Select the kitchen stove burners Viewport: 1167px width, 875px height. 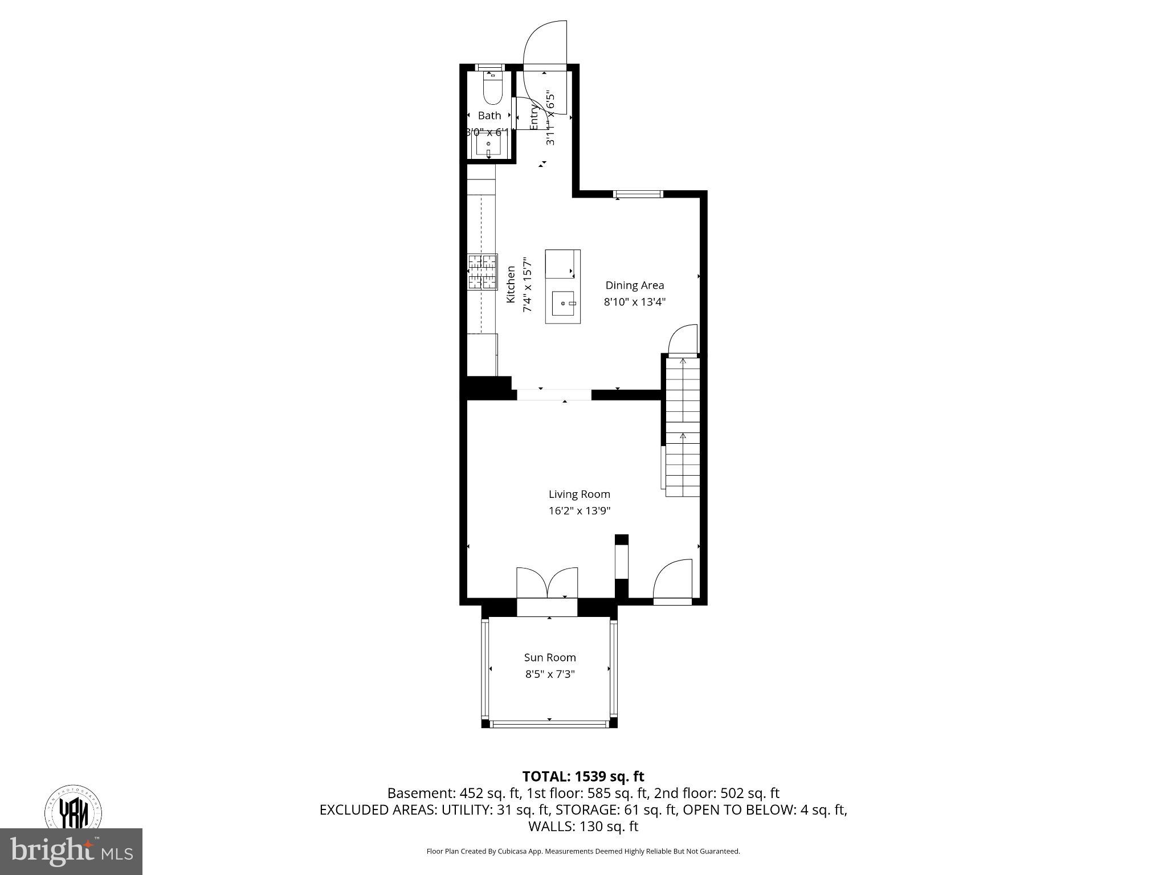pyautogui.click(x=482, y=272)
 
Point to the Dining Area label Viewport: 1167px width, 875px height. pyautogui.click(x=634, y=285)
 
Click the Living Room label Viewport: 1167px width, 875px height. pyautogui.click(x=579, y=494)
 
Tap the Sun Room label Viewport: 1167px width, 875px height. pyautogui.click(x=549, y=657)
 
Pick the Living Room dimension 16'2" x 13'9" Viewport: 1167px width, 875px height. pyautogui.click(x=579, y=511)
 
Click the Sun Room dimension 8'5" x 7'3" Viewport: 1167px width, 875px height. pyautogui.click(x=549, y=674)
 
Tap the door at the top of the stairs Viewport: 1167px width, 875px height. pyautogui.click(x=683, y=342)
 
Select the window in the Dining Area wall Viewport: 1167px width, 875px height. pyautogui.click(x=638, y=194)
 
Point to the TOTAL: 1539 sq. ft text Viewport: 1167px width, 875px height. pyautogui.click(x=583, y=776)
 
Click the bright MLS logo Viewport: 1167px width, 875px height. pyautogui.click(x=71, y=852)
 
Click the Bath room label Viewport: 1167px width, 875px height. pyautogui.click(x=489, y=116)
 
